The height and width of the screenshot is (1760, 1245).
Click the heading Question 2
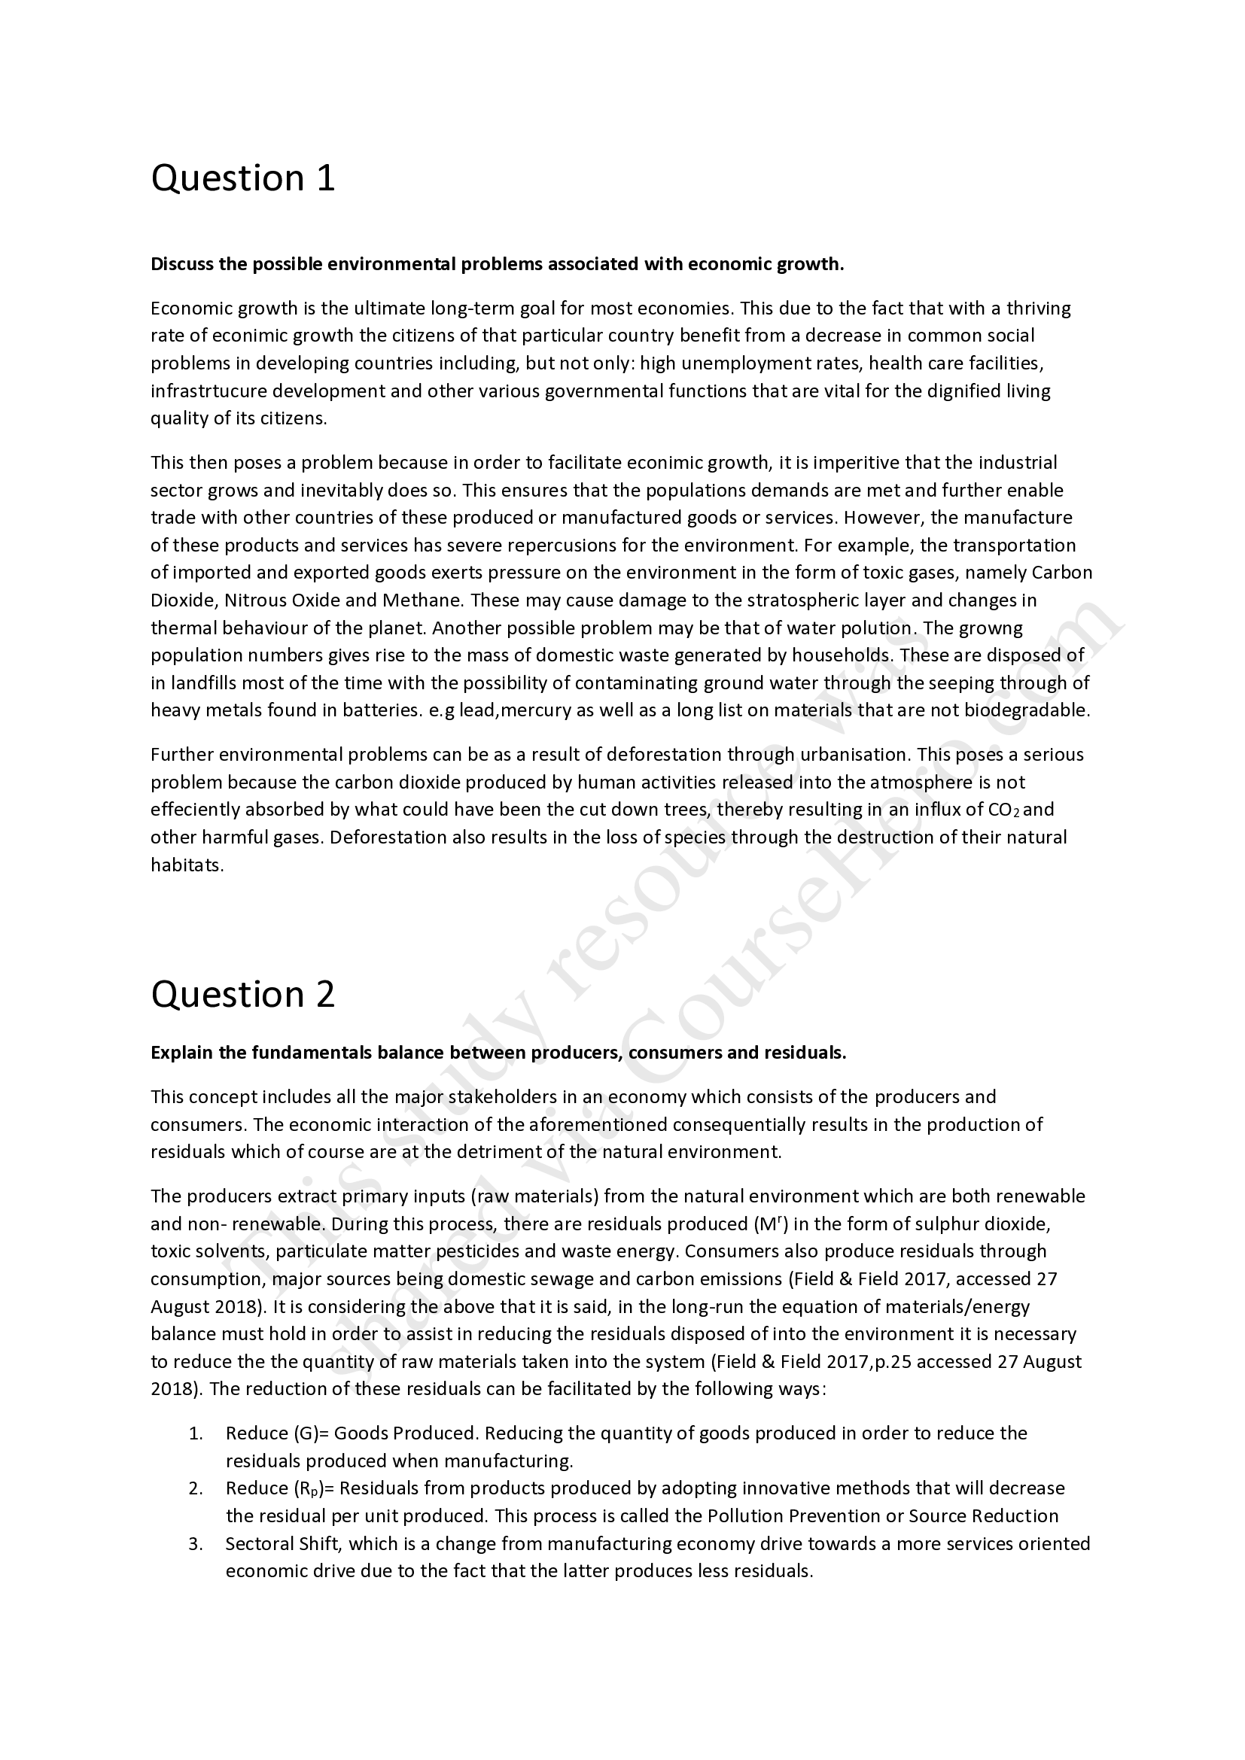(243, 994)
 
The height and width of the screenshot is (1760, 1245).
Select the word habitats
(186, 865)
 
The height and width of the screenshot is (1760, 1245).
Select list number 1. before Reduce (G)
(196, 1433)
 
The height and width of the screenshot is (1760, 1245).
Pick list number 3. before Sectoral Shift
(196, 1544)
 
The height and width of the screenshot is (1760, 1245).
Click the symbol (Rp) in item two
(310, 1488)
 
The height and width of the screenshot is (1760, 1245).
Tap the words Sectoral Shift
(282, 1544)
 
